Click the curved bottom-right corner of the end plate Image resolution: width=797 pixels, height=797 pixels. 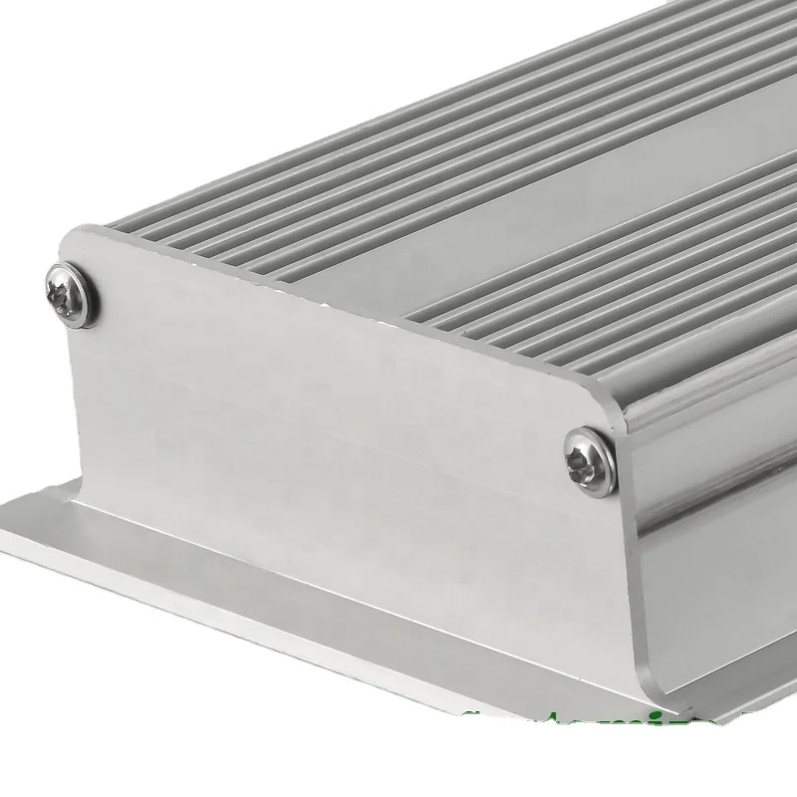(623, 687)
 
